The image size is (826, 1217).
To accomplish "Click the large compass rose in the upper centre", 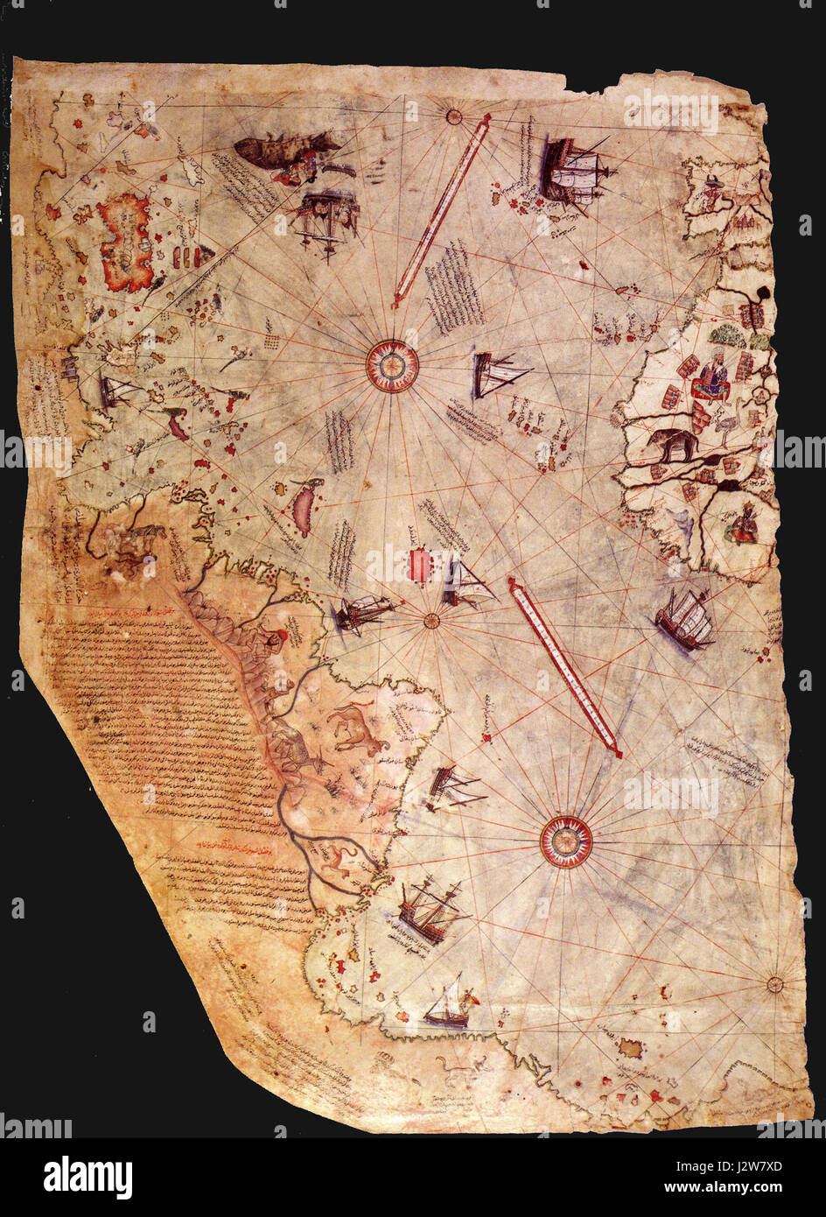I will click(x=391, y=364).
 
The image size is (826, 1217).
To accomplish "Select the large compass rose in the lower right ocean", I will click(x=566, y=841).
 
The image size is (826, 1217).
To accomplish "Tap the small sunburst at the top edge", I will click(x=453, y=115).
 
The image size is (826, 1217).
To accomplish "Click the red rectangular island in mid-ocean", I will click(x=421, y=565).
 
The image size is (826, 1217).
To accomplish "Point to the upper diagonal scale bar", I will click(x=440, y=210).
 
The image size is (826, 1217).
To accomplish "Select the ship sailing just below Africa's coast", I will click(x=684, y=619).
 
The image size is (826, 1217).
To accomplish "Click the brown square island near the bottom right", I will click(x=631, y=1045).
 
